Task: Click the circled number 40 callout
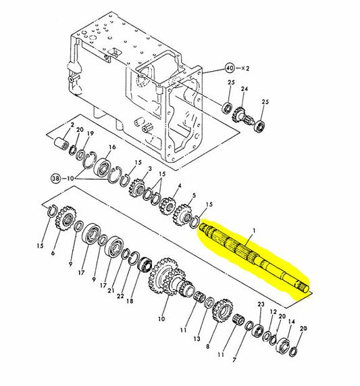pyautogui.click(x=230, y=68)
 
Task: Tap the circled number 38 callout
pyautogui.click(x=55, y=178)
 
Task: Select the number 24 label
pyautogui.click(x=245, y=89)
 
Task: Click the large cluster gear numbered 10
pyautogui.click(x=170, y=278)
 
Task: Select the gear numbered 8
pyautogui.click(x=222, y=312)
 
